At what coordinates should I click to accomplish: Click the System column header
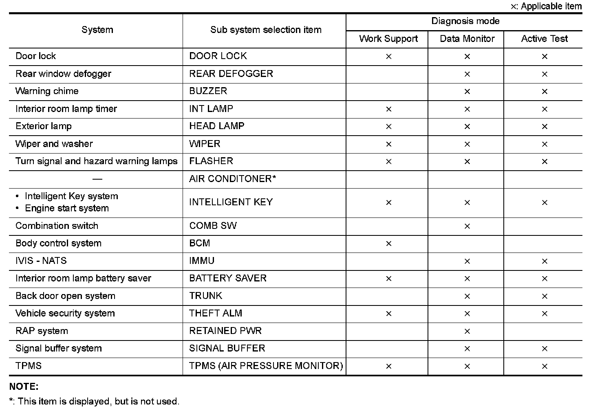click(x=97, y=30)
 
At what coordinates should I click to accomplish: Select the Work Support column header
click(x=388, y=39)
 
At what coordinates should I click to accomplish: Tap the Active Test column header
click(x=544, y=39)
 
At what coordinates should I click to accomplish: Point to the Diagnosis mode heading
click(x=465, y=21)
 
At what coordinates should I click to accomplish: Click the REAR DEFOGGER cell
click(x=231, y=74)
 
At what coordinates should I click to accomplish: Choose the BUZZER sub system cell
click(x=208, y=91)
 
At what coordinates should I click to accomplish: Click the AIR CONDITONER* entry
click(x=233, y=179)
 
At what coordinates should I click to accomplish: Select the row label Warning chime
click(x=47, y=91)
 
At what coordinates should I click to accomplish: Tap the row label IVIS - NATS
click(x=41, y=261)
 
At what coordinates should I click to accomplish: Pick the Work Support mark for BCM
click(x=388, y=244)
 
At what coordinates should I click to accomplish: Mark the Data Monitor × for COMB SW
click(x=467, y=226)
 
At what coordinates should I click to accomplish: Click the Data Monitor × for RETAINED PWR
click(x=467, y=331)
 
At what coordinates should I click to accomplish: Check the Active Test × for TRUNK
click(x=545, y=296)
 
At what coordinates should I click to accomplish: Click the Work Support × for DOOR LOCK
click(x=388, y=57)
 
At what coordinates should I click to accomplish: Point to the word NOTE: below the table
click(x=24, y=387)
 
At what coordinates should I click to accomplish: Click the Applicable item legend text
click(x=551, y=6)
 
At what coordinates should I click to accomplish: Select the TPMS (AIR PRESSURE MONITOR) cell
click(x=266, y=366)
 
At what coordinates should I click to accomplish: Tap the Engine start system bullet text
click(x=67, y=209)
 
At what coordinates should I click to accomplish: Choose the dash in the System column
click(x=97, y=179)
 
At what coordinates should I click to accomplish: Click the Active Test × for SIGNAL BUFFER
click(x=545, y=349)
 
